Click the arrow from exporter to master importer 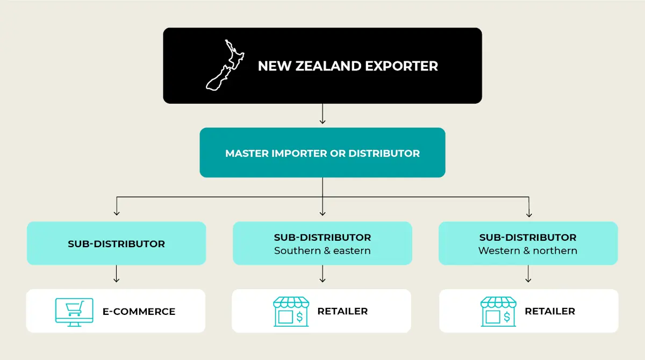(x=322, y=114)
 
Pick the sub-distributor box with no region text (x=116, y=243)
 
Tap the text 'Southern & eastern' (x=322, y=250)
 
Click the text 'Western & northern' (x=528, y=250)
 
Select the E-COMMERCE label (x=139, y=311)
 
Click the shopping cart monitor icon (x=74, y=312)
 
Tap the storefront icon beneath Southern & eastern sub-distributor (x=291, y=311)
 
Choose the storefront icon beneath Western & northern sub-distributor (x=498, y=311)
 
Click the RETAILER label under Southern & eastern (x=342, y=311)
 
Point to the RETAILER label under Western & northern (x=550, y=311)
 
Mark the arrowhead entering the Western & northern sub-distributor (x=529, y=214)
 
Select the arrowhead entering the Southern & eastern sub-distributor (x=322, y=214)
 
